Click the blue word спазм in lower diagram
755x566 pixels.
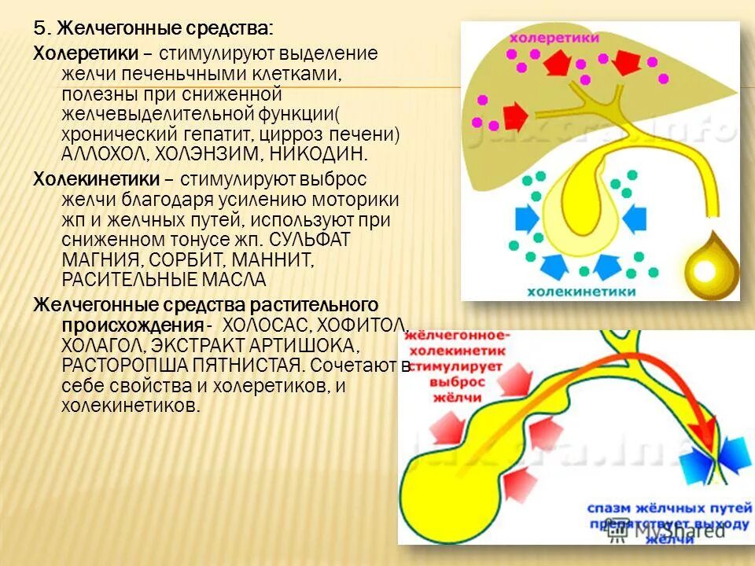[610, 509]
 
